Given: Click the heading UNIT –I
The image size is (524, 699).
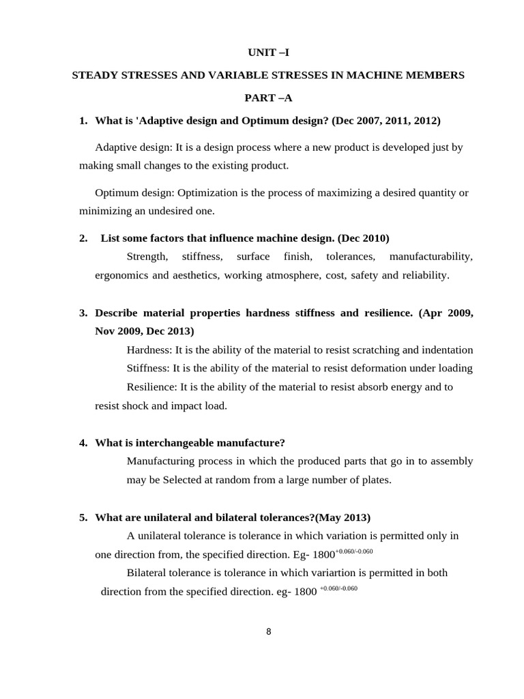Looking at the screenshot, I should [268, 53].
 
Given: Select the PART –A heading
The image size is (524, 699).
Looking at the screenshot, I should [268, 98].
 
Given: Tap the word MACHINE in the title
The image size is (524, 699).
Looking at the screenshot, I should [386, 75].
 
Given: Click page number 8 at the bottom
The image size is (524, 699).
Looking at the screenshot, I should [268, 631].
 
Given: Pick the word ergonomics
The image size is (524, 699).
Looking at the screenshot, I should [121, 275].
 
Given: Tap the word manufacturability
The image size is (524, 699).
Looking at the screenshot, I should [431, 257].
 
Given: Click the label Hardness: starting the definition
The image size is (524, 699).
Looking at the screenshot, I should [149, 349].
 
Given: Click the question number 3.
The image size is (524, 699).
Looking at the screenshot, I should [83, 313].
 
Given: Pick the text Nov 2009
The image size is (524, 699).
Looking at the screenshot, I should [118, 331].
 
